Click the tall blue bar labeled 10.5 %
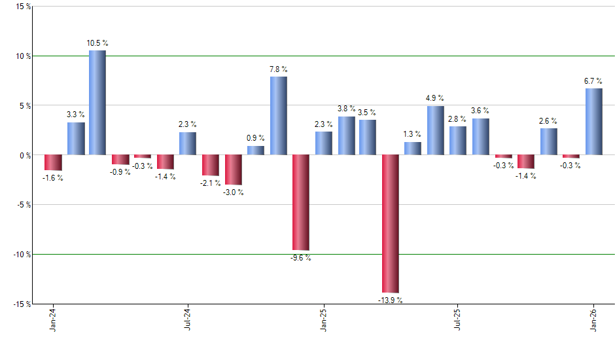coord(97,102)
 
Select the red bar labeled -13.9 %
coord(391,223)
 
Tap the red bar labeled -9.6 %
coord(300,202)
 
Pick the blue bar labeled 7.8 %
coord(278,115)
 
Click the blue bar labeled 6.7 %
coord(593,121)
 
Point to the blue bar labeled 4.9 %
coord(436,130)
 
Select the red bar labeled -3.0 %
coord(233,170)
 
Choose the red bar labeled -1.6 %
coord(53,162)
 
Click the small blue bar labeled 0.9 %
coord(256,151)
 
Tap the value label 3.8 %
coord(346,109)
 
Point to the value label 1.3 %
coord(413,134)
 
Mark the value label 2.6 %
coord(548,120)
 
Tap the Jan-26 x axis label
coord(593,320)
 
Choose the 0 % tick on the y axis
coord(24,155)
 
